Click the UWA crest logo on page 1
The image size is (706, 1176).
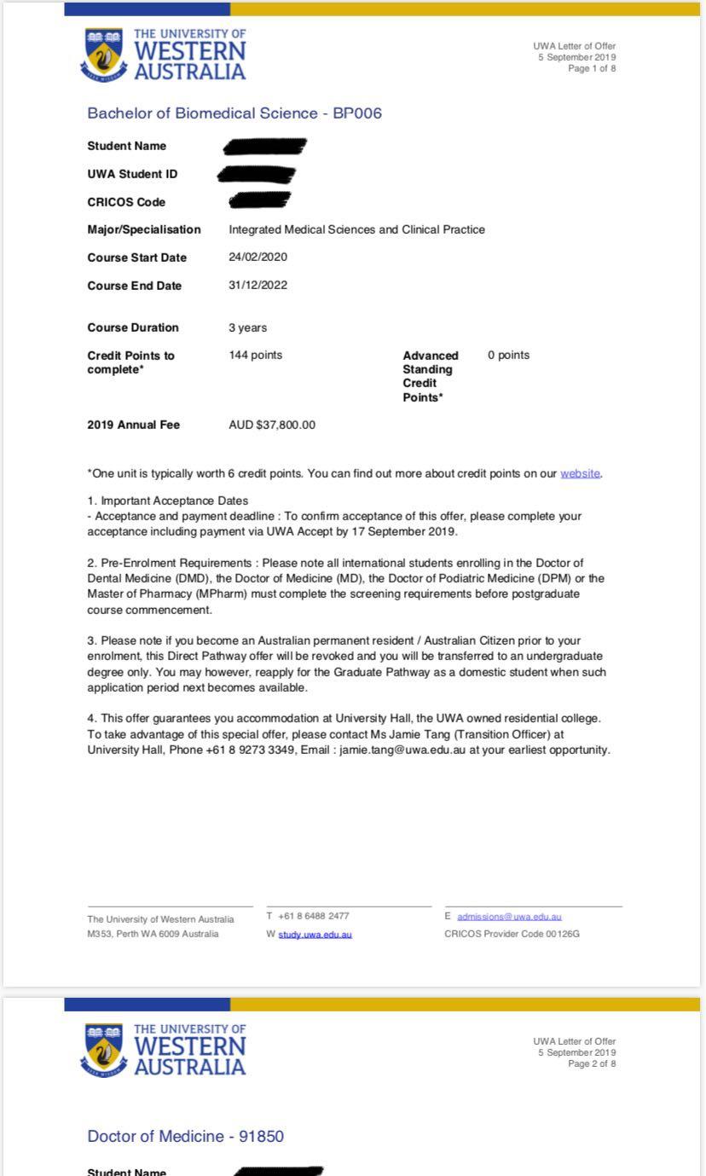coord(104,54)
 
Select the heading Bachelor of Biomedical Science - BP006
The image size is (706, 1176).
coord(234,113)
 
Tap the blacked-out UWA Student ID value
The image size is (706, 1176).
coord(257,175)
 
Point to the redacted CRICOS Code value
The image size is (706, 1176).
coord(260,201)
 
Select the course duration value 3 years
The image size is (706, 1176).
coord(247,327)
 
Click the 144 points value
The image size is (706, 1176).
coord(256,356)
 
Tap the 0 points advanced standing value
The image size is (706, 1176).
coord(508,356)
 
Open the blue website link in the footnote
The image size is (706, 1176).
coord(580,474)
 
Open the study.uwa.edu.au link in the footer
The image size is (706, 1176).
coord(315,935)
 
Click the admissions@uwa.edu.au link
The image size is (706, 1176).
coord(509,917)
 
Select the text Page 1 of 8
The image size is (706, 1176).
coord(592,68)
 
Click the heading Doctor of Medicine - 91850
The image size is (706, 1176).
coord(186,1136)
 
